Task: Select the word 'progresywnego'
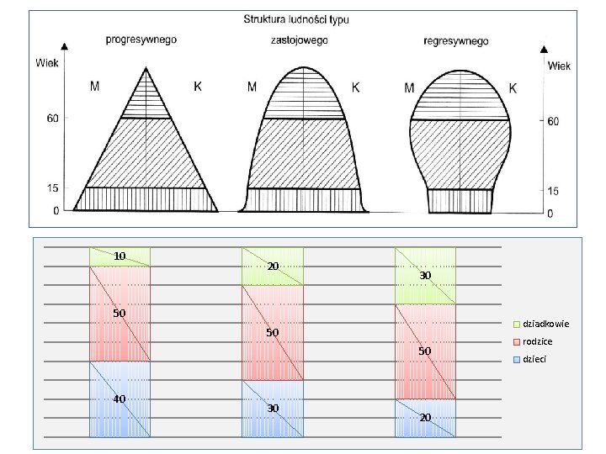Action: click(x=141, y=40)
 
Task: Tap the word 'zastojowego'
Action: click(x=300, y=40)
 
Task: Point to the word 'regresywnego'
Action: click(x=456, y=40)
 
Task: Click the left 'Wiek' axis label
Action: click(x=47, y=61)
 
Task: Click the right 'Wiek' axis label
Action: click(x=560, y=66)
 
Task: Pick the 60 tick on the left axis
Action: click(x=51, y=119)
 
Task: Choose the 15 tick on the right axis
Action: click(x=553, y=191)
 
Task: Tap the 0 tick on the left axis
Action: click(x=56, y=210)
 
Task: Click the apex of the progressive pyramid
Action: click(x=147, y=67)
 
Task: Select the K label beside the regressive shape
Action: click(x=513, y=87)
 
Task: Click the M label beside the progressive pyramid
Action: click(x=97, y=86)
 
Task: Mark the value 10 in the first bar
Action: click(x=120, y=256)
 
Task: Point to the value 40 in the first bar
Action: click(x=120, y=399)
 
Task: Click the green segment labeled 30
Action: click(x=425, y=276)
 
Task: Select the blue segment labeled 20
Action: click(x=425, y=418)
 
